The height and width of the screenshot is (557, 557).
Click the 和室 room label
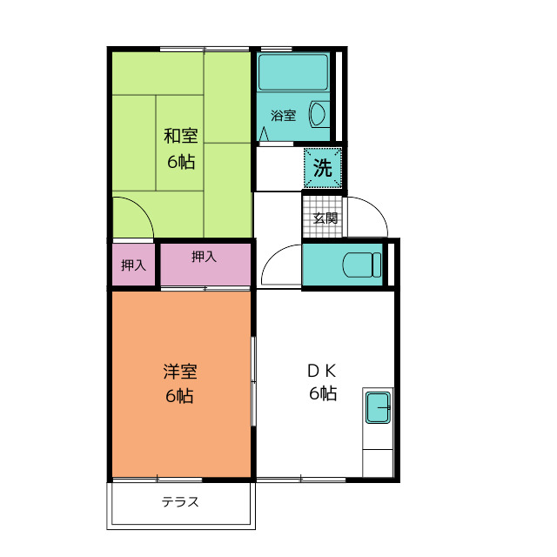coord(181,136)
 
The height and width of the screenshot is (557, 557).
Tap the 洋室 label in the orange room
coord(180,372)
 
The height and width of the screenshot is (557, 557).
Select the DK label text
coord(322,369)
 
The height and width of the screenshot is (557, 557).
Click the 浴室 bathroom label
coord(283,115)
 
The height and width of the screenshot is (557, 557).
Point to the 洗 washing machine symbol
coord(323,169)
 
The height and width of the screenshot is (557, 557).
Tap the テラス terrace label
coord(181,502)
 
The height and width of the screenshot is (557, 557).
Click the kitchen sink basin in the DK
coord(379,406)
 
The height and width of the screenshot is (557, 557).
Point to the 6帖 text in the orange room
coord(180,396)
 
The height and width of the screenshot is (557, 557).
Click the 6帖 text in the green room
coord(181,161)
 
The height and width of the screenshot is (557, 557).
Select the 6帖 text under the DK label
coord(323,393)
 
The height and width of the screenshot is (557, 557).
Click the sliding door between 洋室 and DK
coord(254,383)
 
